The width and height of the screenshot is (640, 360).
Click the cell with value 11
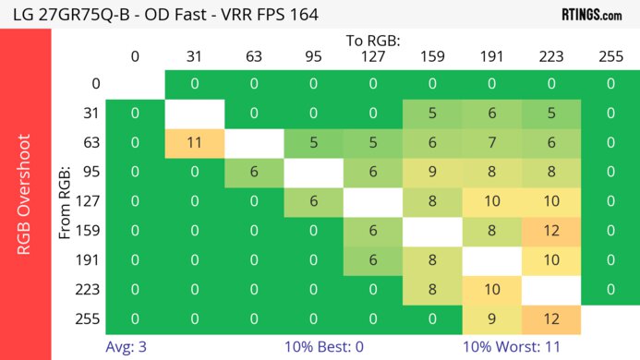[195, 143]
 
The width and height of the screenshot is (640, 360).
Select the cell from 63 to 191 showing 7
[491, 143]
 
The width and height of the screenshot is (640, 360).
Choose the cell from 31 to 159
[432, 114]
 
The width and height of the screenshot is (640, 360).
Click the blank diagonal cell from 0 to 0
[135, 84]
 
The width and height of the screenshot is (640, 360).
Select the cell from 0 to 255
[610, 84]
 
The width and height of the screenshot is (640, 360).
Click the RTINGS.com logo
[591, 14]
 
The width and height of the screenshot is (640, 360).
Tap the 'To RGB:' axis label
[373, 41]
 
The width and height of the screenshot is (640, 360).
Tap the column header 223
[550, 56]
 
